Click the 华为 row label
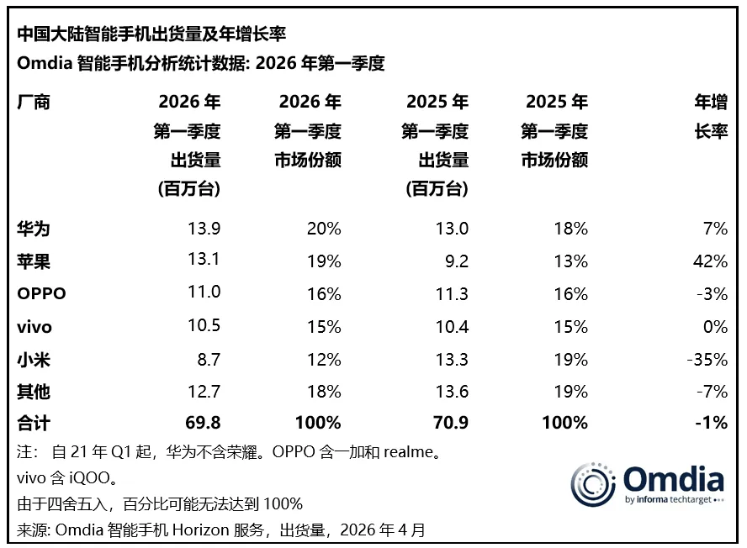click(33, 229)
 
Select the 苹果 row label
click(33, 261)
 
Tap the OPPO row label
click(41, 294)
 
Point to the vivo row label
click(35, 327)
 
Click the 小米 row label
click(33, 359)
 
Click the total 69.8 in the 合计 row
click(203, 423)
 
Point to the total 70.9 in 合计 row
click(450, 423)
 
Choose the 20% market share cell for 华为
click(324, 229)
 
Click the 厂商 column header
click(33, 103)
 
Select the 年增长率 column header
click(710, 117)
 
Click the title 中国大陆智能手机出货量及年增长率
click(151, 34)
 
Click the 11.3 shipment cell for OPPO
click(450, 294)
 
